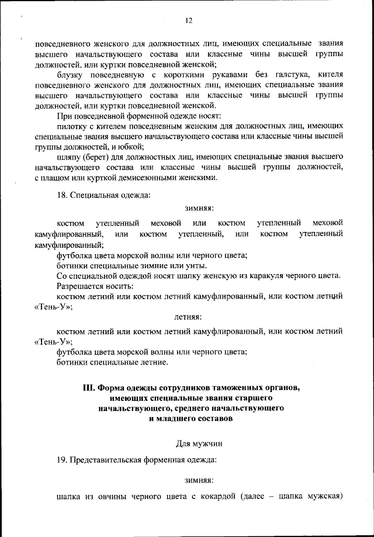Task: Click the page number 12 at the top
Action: pyautogui.click(x=188, y=20)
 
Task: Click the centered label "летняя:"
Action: pyautogui.click(x=188, y=317)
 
